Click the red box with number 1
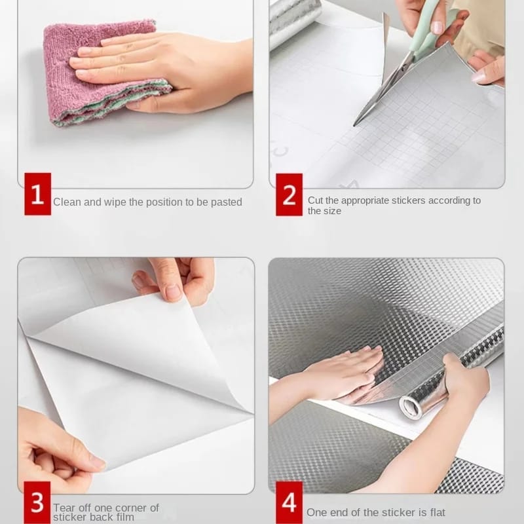coord(37,194)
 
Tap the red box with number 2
coord(289,194)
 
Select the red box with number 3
coord(37,502)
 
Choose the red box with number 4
coord(289,502)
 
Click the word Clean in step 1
coord(67,202)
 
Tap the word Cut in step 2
coord(316,200)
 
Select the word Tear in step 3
coord(64,508)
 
